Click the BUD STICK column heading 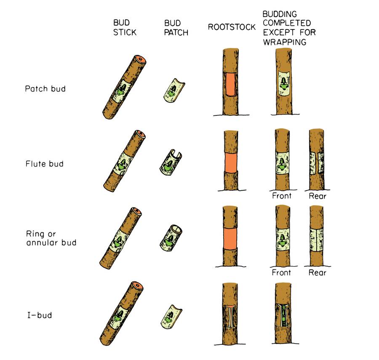click(x=125, y=27)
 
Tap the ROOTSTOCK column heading click(x=232, y=27)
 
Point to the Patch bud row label click(x=45, y=89)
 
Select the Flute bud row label click(x=44, y=164)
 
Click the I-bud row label click(x=38, y=315)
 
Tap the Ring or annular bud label click(x=51, y=238)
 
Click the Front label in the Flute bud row click(x=282, y=196)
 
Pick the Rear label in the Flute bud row click(x=317, y=196)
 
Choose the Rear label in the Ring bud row click(x=317, y=272)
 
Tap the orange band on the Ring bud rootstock click(x=230, y=238)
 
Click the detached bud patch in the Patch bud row click(x=172, y=89)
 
